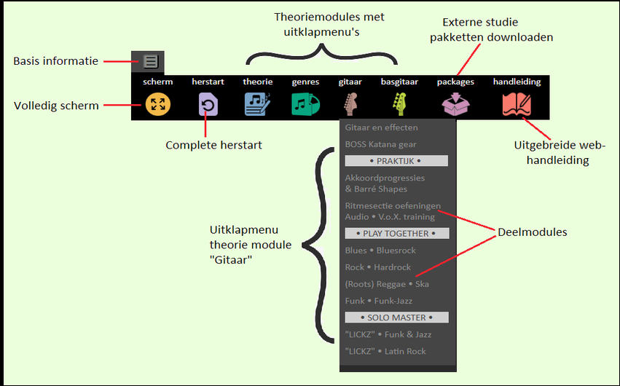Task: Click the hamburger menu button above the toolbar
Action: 151,62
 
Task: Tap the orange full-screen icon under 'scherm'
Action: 157,104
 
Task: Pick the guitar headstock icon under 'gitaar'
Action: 350,105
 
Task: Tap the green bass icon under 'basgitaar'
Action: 399,105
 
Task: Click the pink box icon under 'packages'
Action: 455,106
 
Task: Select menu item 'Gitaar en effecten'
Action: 381,127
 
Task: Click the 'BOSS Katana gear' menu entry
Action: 380,144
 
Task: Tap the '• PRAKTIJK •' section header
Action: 396,161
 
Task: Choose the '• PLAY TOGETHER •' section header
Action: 396,234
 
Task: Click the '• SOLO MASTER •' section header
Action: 396,318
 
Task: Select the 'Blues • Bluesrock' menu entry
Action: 380,251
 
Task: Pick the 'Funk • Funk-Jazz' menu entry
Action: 377,301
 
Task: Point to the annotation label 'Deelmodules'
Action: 532,232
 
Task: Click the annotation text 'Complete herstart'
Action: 213,145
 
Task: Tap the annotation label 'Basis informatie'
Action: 55,61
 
